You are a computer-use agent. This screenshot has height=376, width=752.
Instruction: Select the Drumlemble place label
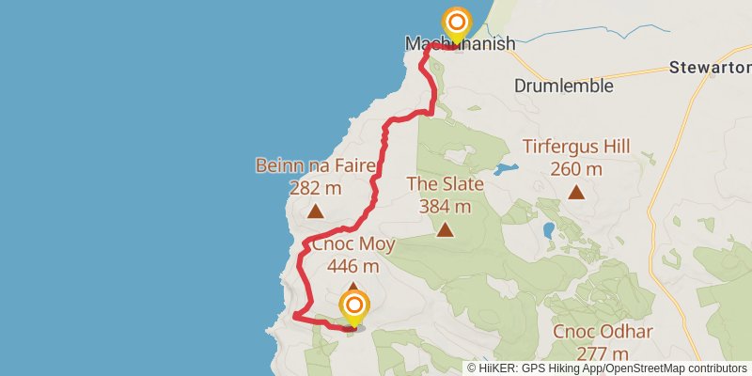[x=564, y=86]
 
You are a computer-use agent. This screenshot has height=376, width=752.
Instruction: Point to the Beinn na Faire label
[x=315, y=166]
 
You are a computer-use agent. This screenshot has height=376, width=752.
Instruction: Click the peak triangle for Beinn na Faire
[x=315, y=211]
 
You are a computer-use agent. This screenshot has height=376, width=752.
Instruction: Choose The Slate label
[x=444, y=184]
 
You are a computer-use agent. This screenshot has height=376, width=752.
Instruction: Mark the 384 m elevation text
[x=444, y=206]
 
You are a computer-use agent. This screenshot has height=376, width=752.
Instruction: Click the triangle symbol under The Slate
[x=444, y=228]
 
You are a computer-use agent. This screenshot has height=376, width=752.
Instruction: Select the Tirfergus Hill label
[x=576, y=147]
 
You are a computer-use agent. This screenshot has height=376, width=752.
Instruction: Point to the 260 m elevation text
[x=576, y=169]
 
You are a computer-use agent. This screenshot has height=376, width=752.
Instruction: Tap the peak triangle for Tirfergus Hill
[x=576, y=193]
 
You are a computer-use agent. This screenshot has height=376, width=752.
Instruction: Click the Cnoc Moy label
[x=353, y=244]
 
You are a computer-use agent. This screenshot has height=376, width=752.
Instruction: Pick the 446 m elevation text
[x=353, y=266]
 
